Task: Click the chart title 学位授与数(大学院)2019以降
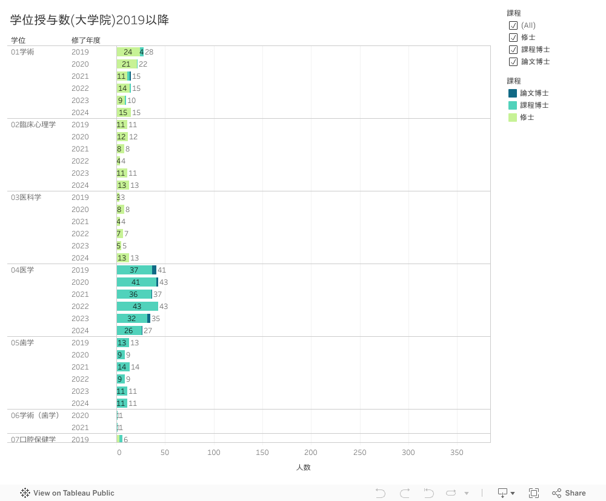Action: [x=89, y=20]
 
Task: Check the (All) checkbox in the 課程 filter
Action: [x=513, y=25]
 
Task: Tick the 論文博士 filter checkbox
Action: [x=513, y=62]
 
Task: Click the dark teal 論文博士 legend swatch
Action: [x=513, y=93]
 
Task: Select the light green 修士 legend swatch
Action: [x=513, y=118]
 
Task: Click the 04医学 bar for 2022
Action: [x=137, y=307]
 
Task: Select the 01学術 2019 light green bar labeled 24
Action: [x=128, y=52]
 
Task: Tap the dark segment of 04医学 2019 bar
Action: [x=154, y=270]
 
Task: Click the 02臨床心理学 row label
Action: [x=33, y=125]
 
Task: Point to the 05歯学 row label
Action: [x=22, y=343]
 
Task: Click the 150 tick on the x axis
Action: [x=262, y=453]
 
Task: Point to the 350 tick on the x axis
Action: [x=457, y=453]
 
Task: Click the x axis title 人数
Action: [x=303, y=468]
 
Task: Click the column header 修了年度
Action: [x=85, y=41]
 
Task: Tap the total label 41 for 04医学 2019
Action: [x=162, y=270]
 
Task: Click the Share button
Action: [x=569, y=493]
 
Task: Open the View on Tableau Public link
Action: [x=67, y=493]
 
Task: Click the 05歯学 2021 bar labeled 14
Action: [x=123, y=367]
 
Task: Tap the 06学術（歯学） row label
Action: [x=35, y=416]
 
